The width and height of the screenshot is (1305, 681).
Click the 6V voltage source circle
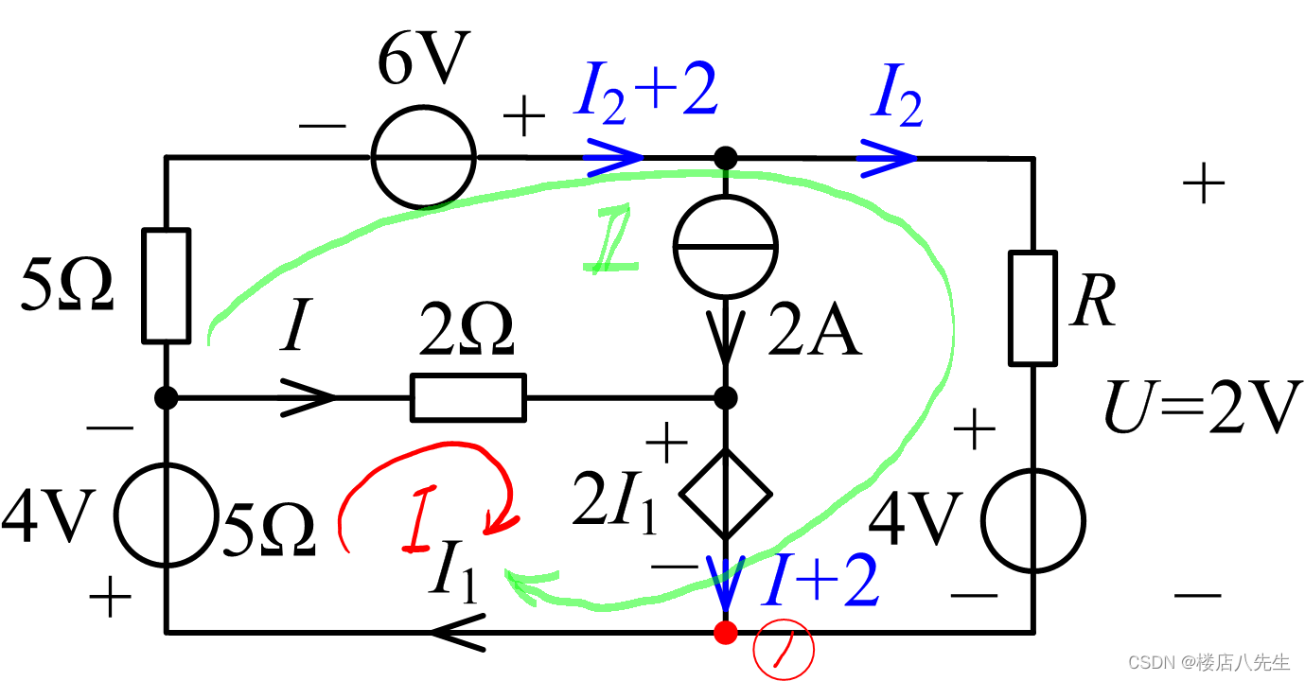pyautogui.click(x=423, y=157)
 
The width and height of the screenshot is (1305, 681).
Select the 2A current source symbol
pyautogui.click(x=726, y=246)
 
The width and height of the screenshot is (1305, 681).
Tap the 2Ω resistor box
pyautogui.click(x=467, y=397)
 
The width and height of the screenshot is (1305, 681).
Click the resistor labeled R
pyautogui.click(x=1032, y=307)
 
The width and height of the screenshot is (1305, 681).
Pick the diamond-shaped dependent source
pyautogui.click(x=726, y=492)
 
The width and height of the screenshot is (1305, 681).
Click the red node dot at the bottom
pyautogui.click(x=726, y=632)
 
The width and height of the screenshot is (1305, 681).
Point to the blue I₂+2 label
pyautogui.click(x=645, y=95)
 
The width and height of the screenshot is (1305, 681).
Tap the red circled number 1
pyautogui.click(x=783, y=654)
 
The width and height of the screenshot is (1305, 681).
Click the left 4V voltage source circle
pyautogui.click(x=166, y=513)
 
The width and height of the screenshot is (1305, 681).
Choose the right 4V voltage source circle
pyautogui.click(x=1032, y=519)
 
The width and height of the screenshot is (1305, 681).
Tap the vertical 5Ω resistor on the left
pyautogui.click(x=166, y=285)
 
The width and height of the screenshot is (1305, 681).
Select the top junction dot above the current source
pyautogui.click(x=726, y=157)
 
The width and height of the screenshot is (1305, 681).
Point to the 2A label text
pyautogui.click(x=814, y=333)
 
